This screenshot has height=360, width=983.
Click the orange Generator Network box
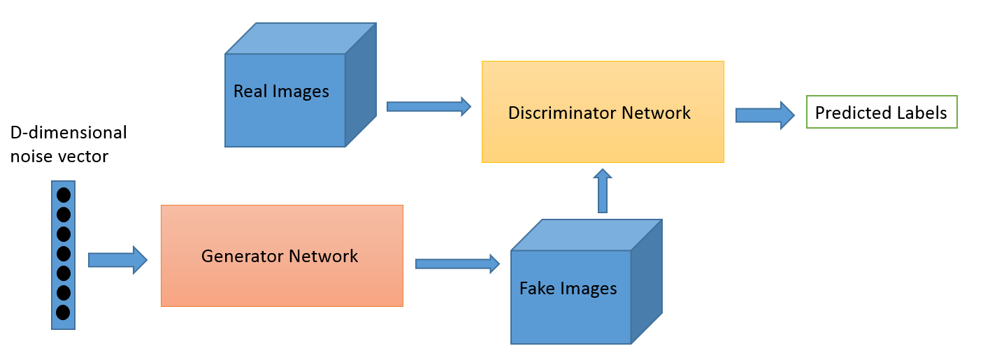point(282,256)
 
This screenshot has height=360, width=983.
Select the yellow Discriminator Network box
point(603,112)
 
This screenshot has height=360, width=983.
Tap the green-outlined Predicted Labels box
point(881,113)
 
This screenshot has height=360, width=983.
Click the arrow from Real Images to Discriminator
point(429,106)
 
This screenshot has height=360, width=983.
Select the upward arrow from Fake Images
point(603,191)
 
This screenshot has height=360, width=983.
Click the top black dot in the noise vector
point(63,195)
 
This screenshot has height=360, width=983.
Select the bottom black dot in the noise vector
point(63,312)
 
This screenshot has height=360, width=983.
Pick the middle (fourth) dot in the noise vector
point(63,253)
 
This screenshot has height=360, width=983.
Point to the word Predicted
point(847,113)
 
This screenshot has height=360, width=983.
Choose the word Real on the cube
point(249,92)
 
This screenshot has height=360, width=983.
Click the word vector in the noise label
point(84,157)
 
